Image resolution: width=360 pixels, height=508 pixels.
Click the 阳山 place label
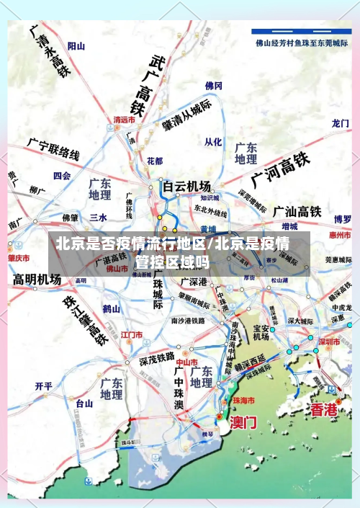pos(76,46)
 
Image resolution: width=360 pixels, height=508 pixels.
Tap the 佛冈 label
pos(214,86)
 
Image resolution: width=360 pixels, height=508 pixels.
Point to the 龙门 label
pos(341,123)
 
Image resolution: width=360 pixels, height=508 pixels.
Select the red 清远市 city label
pos(125,120)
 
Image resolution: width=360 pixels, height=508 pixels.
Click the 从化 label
pos(213,142)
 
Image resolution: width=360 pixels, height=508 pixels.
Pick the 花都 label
pos(155,160)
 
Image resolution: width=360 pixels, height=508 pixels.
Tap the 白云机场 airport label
pos(186,185)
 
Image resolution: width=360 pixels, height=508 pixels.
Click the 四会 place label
pos(62,175)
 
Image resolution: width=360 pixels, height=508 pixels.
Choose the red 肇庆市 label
pos(19,257)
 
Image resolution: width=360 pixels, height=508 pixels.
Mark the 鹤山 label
pos(110,308)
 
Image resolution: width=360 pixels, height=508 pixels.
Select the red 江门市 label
pos(132,334)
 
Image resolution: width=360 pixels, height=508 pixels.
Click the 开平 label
pos(43,386)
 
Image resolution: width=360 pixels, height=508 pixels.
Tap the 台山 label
pos(85,404)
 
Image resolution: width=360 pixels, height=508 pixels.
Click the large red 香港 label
pos(323,410)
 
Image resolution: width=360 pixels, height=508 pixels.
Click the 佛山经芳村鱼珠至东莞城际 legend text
pos(302,42)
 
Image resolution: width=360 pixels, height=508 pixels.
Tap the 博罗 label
pos(342,219)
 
